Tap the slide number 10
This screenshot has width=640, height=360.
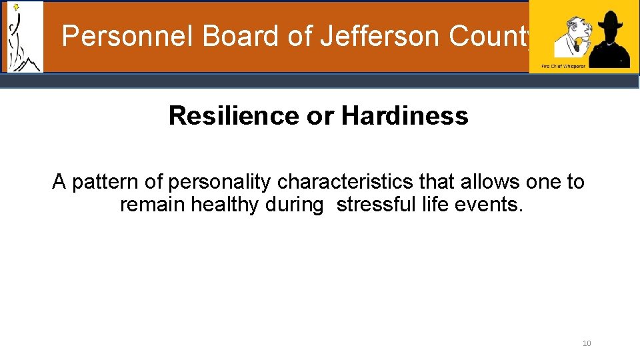click(587, 343)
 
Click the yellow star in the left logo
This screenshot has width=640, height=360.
click(16, 7)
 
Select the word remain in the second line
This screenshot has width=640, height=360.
click(152, 205)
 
